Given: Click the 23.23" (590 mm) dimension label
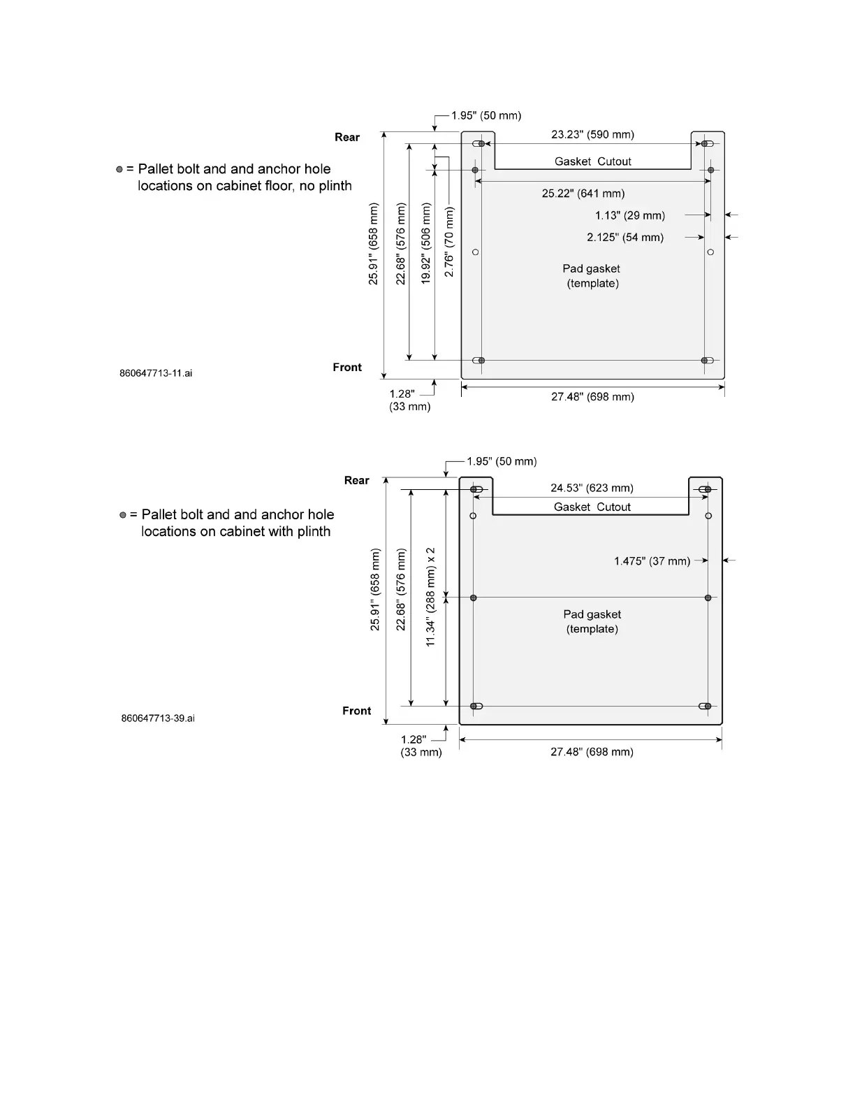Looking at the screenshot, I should point(592,134).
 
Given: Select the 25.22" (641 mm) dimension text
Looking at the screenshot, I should point(583,194).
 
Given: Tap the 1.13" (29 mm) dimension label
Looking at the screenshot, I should point(629,215).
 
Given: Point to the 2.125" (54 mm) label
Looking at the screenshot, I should point(624,237).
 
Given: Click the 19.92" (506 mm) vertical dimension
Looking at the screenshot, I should point(426,243).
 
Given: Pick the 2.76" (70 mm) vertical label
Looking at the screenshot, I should point(449,242).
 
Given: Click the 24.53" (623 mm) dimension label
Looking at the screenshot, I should point(592,488).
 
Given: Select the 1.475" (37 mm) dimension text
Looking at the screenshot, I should point(652,561).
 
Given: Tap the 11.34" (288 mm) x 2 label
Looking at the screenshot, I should point(431,597).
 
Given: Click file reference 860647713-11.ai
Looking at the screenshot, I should point(156,373).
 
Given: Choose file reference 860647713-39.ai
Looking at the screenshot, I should point(158,718).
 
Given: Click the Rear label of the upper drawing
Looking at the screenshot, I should point(347,137).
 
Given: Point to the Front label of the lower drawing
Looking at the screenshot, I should point(356,711).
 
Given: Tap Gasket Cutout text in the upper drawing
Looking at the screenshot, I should point(592,161).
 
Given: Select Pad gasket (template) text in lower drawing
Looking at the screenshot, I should point(592,621).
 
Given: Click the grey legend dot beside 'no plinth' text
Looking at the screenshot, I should point(119,169).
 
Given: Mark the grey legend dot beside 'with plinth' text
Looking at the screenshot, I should point(123,515).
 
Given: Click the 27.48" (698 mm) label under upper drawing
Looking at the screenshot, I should point(592,397).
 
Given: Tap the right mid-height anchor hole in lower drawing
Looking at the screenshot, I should point(708,598).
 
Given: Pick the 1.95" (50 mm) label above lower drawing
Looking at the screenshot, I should point(502,461).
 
